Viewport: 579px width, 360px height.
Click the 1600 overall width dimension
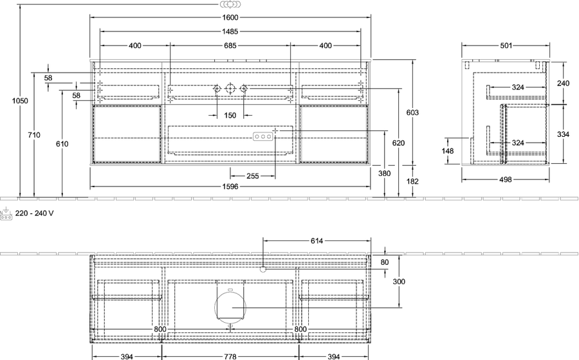[x=230, y=17]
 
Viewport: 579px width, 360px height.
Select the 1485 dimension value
[x=230, y=32]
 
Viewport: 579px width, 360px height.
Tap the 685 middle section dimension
[x=230, y=46]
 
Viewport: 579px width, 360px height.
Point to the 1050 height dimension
[x=20, y=101]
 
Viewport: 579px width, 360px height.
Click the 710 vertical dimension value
[x=34, y=135]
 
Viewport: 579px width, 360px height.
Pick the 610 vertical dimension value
[x=62, y=144]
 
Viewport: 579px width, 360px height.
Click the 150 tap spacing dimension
[x=230, y=116]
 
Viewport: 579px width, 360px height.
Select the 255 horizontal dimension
[x=253, y=176]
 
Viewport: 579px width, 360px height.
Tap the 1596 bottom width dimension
[x=230, y=186]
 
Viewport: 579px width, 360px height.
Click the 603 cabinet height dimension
[x=412, y=113]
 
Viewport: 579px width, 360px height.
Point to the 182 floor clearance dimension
[x=412, y=181]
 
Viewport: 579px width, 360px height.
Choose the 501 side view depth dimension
[x=506, y=46]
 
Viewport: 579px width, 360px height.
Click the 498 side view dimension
[x=506, y=179]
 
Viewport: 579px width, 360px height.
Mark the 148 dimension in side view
[x=448, y=151]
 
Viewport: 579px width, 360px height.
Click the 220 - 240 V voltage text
[x=34, y=213]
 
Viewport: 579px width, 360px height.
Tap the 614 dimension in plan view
[x=317, y=241]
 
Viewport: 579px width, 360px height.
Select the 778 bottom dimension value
[x=230, y=357]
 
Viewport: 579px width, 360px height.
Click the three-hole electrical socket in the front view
[x=263, y=137]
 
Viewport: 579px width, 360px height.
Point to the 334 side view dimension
[x=563, y=134]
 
